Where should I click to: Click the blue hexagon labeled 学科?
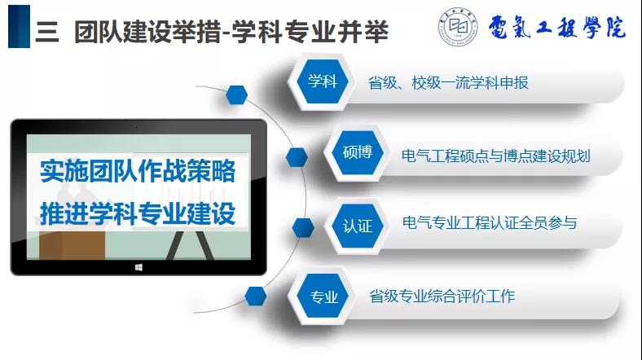(x=323, y=81)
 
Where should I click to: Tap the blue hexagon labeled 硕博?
(x=358, y=152)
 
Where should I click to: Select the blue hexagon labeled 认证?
(x=358, y=226)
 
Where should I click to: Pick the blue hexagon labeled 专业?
(x=323, y=296)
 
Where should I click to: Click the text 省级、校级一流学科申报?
(x=448, y=82)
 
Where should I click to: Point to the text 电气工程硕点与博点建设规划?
(x=496, y=156)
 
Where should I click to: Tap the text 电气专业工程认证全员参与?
(x=490, y=223)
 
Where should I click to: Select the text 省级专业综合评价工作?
(x=442, y=296)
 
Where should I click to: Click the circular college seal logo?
(x=458, y=27)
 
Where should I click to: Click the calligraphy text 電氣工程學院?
(x=556, y=28)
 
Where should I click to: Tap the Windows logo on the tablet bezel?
(x=139, y=267)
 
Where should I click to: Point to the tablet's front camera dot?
(x=136, y=127)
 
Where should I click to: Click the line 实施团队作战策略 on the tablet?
(x=138, y=170)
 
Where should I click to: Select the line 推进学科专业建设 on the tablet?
(x=138, y=213)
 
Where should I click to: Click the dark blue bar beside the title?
(x=19, y=27)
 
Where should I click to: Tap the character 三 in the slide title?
(x=47, y=32)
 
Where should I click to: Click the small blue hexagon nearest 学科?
(x=236, y=95)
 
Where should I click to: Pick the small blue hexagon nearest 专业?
(x=256, y=296)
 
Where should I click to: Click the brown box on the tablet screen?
(x=72, y=245)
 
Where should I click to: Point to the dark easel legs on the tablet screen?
(x=190, y=245)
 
